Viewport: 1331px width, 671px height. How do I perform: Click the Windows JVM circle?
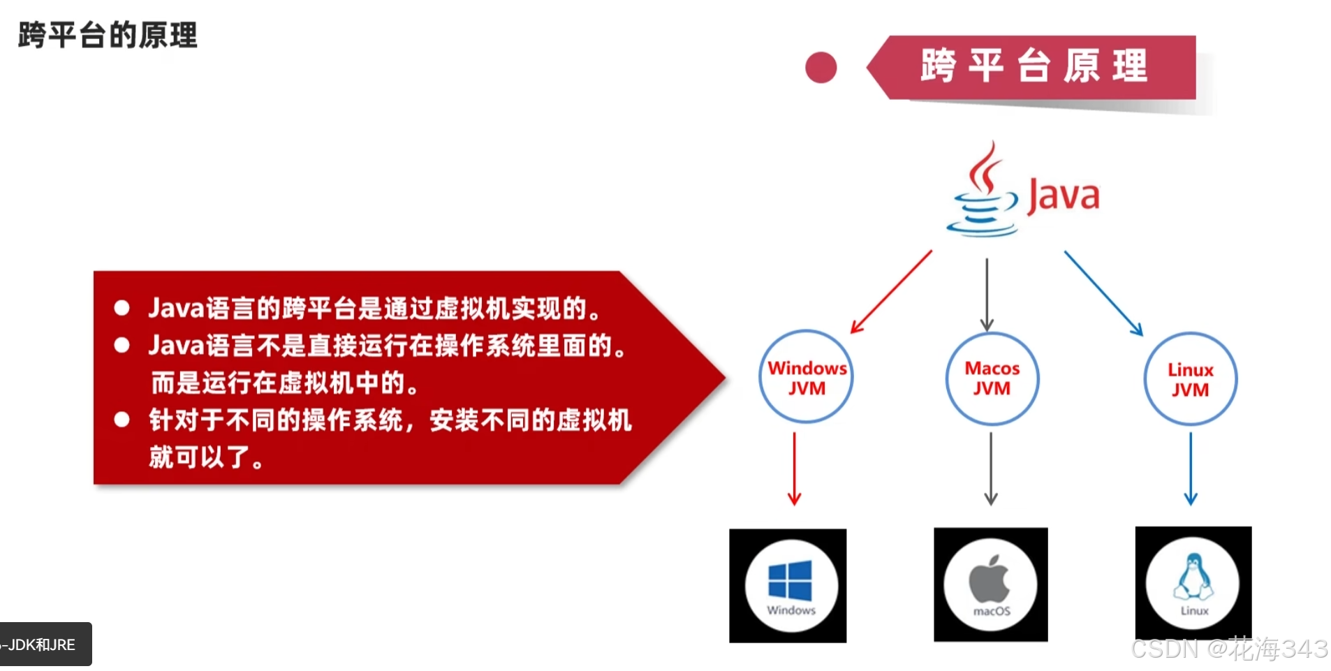(x=806, y=377)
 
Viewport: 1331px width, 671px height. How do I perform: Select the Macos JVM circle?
(x=992, y=378)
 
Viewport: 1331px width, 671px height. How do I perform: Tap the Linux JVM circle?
(x=1190, y=379)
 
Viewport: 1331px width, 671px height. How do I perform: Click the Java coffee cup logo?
(x=983, y=193)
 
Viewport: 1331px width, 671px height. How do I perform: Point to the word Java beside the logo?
(x=1063, y=196)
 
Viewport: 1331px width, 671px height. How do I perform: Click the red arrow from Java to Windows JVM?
(x=891, y=292)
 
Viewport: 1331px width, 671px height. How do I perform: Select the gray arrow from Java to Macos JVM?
(x=987, y=293)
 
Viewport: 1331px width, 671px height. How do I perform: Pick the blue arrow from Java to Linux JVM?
(x=1103, y=293)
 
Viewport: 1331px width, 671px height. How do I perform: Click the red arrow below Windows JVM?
(x=794, y=468)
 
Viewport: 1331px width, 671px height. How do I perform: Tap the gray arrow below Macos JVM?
(x=991, y=468)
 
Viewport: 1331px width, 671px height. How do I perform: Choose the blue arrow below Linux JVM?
(x=1191, y=468)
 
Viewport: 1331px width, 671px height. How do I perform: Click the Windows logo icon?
(x=790, y=581)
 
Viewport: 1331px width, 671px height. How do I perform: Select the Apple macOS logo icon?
(x=990, y=580)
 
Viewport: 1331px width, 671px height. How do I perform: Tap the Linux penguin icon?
(x=1193, y=577)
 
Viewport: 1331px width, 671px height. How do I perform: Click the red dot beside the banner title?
(x=821, y=68)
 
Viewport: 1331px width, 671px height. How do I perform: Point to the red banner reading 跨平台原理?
(x=1034, y=67)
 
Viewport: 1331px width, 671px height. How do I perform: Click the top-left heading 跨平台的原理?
(x=108, y=35)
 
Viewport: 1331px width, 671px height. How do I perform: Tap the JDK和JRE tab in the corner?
(x=42, y=644)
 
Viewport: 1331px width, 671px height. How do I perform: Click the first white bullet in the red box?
(x=122, y=308)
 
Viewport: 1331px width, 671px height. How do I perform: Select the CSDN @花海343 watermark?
(x=1229, y=649)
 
